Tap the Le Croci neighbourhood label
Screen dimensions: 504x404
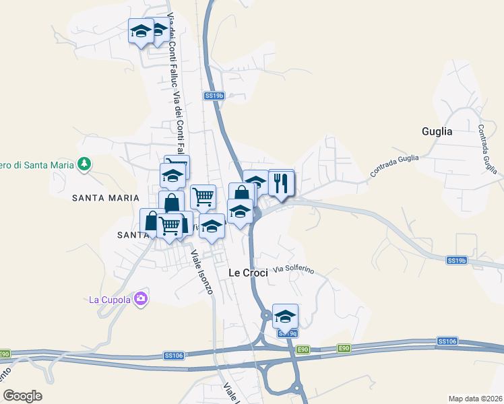248,273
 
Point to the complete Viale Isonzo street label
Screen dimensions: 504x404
201,272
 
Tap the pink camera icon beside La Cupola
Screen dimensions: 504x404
141,298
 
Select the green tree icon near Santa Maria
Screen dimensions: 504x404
85,164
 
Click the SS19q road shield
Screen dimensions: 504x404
288,333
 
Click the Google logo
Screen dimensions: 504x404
22,396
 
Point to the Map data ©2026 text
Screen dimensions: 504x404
475,399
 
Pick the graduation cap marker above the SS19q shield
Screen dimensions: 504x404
285,316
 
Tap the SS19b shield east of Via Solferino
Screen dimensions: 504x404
456,260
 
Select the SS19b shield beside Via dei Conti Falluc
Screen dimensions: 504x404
214,96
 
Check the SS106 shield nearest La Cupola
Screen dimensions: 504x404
173,356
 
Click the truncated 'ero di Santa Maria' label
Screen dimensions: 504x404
37,164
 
